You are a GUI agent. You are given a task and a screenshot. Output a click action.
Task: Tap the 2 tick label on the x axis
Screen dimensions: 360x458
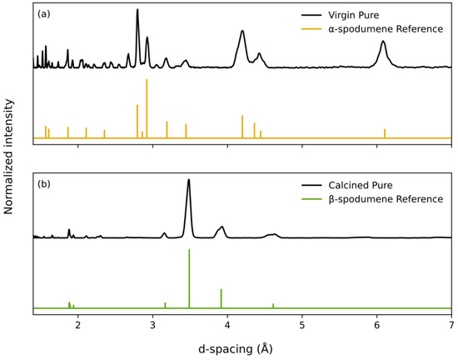pos(77,326)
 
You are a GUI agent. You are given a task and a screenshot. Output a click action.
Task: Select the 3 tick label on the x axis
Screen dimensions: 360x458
pos(152,326)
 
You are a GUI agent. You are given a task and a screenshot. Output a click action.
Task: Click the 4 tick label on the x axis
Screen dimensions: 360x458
pos(227,326)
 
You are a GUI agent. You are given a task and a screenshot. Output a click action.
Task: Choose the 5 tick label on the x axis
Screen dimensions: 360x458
pos(302,326)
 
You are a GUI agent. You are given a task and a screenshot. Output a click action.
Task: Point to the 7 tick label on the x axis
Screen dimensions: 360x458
pos(451,326)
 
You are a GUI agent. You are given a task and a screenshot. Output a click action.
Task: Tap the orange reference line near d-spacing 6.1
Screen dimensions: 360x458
pos(385,133)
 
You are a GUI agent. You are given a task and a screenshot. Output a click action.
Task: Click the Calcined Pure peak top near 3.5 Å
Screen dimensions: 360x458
pos(189,180)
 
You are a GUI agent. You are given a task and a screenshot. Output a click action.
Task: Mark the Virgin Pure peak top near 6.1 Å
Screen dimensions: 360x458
pos(383,42)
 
